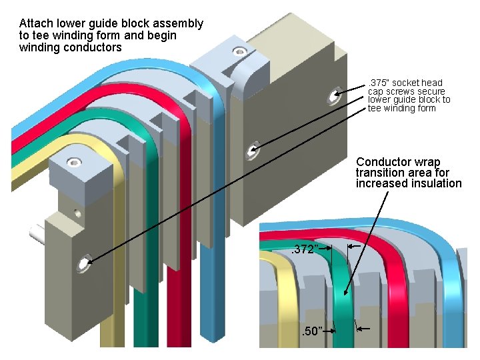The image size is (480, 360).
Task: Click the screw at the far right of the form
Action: click(x=333, y=97)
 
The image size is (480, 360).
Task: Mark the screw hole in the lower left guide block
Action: click(x=85, y=263)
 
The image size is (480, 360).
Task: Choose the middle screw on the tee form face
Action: click(x=253, y=151)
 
